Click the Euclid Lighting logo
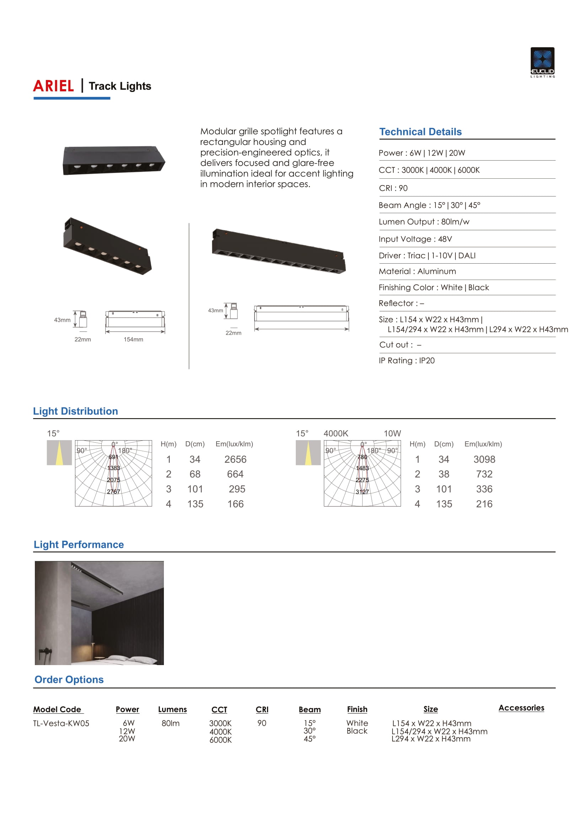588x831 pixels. click(542, 62)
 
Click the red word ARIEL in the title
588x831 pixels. click(54, 86)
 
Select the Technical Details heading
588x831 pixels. click(420, 132)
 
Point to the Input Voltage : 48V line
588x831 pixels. click(415, 239)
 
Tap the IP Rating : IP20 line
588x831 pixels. click(407, 361)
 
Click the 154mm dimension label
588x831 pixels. click(133, 340)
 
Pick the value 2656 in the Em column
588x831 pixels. click(235, 459)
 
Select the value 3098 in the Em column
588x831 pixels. click(484, 459)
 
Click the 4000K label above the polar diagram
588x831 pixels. click(336, 433)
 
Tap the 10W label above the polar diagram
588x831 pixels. click(392, 433)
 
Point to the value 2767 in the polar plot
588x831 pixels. click(113, 491)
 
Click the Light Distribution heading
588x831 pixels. click(75, 411)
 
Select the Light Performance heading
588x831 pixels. click(79, 545)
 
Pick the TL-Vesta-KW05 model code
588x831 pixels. click(61, 723)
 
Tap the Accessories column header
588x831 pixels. click(521, 708)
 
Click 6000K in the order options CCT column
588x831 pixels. click(220, 740)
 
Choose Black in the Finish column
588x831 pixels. click(357, 731)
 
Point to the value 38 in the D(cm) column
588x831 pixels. click(444, 474)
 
